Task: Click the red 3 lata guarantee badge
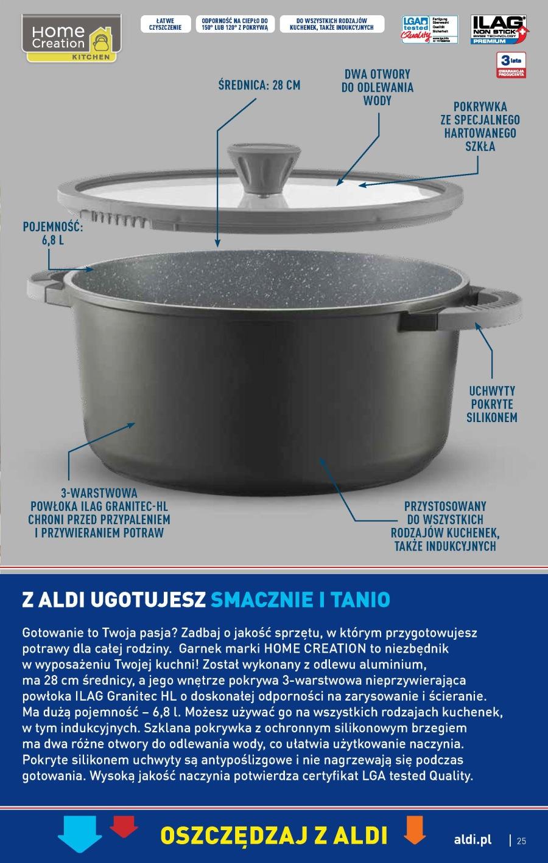[x=511, y=65]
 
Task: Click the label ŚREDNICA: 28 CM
[x=259, y=85]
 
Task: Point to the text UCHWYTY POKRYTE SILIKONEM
[x=491, y=404]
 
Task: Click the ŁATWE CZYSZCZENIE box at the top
[x=166, y=24]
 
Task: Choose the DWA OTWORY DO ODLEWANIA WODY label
[x=378, y=87]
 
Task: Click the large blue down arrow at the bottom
[x=80, y=836]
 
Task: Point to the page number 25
[x=521, y=841]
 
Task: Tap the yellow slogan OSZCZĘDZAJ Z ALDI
[x=273, y=835]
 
